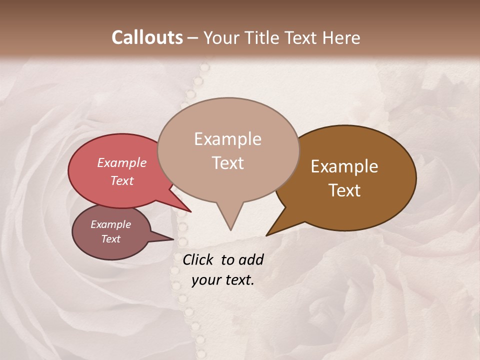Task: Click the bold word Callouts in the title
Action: tap(147, 37)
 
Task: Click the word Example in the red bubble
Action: tap(121, 163)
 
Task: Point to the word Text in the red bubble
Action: tap(121, 180)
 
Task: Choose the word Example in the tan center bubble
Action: tap(227, 139)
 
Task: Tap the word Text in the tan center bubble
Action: tap(227, 163)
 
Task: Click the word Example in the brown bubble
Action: tap(344, 166)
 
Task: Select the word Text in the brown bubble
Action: tap(344, 190)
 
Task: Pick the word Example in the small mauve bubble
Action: tap(110, 224)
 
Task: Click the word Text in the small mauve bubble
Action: tap(110, 239)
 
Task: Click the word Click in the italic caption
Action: tap(198, 259)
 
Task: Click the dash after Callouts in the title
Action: tap(192, 38)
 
